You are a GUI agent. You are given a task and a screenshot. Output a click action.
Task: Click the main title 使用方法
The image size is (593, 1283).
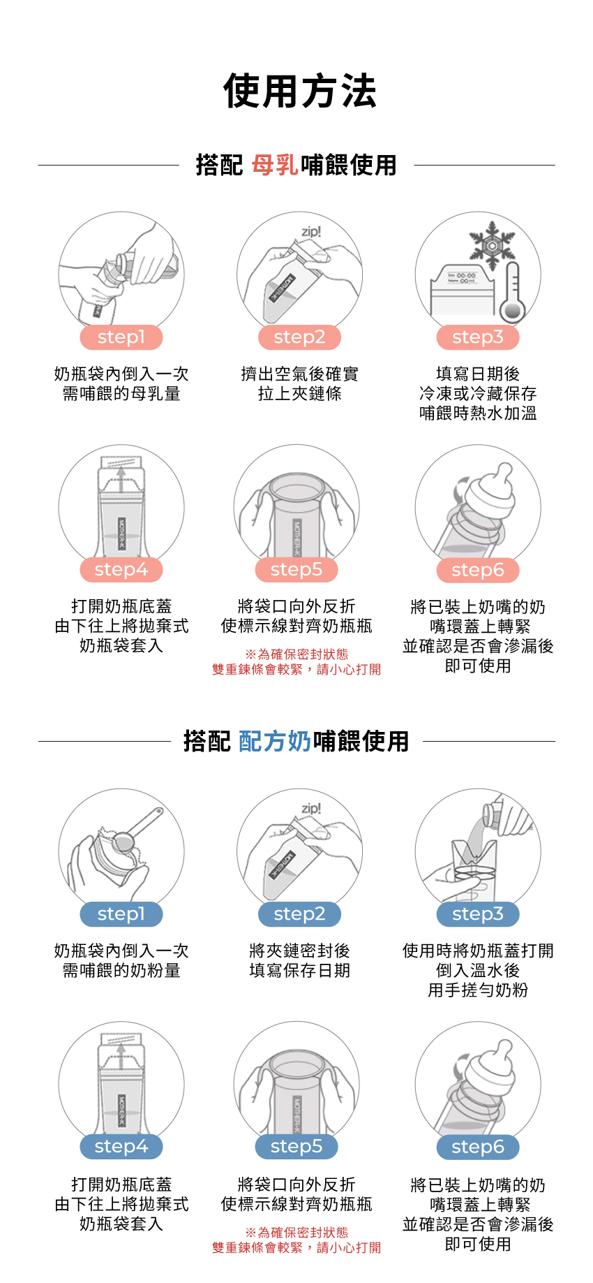pyautogui.click(x=300, y=91)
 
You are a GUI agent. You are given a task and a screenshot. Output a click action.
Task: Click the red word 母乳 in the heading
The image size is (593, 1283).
pyautogui.click(x=276, y=166)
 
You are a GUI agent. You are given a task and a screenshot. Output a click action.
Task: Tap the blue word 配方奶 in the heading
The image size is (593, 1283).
pyautogui.click(x=275, y=741)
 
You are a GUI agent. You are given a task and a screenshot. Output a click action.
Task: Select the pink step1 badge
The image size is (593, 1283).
pyautogui.click(x=121, y=337)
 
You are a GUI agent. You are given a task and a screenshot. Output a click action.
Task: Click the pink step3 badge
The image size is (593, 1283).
pyautogui.click(x=478, y=337)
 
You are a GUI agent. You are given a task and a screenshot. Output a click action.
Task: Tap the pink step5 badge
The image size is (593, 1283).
pyautogui.click(x=296, y=570)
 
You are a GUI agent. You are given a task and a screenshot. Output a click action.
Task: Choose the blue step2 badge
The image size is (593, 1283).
pyautogui.click(x=299, y=914)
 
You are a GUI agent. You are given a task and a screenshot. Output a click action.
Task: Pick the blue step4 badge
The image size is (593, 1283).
pyautogui.click(x=121, y=1147)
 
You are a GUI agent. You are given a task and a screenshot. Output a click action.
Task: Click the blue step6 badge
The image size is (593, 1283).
pyautogui.click(x=478, y=1147)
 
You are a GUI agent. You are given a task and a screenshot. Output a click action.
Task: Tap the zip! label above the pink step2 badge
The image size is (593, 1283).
pyautogui.click(x=311, y=231)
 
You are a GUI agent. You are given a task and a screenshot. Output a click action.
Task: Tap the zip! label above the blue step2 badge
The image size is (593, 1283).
pyautogui.click(x=311, y=808)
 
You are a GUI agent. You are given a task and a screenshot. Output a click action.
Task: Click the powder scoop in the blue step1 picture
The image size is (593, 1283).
pyautogui.click(x=138, y=830)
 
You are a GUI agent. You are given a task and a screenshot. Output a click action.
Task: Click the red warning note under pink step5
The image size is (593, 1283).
pyautogui.click(x=296, y=662)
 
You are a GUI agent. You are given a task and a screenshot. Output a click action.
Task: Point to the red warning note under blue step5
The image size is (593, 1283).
pyautogui.click(x=296, y=1240)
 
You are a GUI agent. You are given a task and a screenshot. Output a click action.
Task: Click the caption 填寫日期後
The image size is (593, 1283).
pyautogui.click(x=478, y=374)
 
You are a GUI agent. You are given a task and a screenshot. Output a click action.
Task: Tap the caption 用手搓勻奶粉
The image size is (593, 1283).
pyautogui.click(x=478, y=990)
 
